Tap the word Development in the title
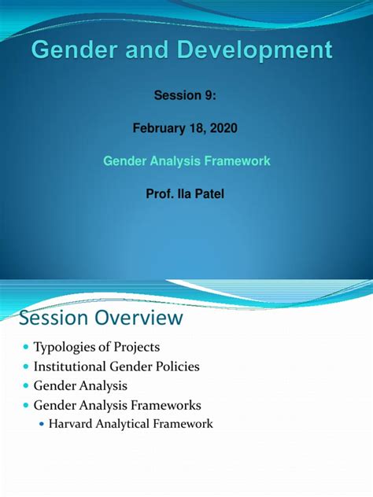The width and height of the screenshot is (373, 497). [x=254, y=50]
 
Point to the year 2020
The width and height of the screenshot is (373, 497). [x=223, y=128]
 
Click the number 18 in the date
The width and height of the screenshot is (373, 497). [x=198, y=128]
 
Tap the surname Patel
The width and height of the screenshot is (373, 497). [x=209, y=193]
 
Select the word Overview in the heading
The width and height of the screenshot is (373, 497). [x=139, y=317]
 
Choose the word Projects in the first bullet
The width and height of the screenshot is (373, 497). [x=137, y=348]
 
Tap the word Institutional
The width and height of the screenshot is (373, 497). [x=70, y=366]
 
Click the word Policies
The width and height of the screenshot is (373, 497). [x=177, y=366]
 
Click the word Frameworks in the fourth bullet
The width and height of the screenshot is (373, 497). [x=166, y=405]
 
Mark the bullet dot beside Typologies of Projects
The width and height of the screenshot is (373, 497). [x=26, y=347]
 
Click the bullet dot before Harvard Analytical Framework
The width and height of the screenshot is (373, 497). [x=42, y=424]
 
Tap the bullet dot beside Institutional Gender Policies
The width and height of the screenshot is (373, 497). [x=26, y=366]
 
